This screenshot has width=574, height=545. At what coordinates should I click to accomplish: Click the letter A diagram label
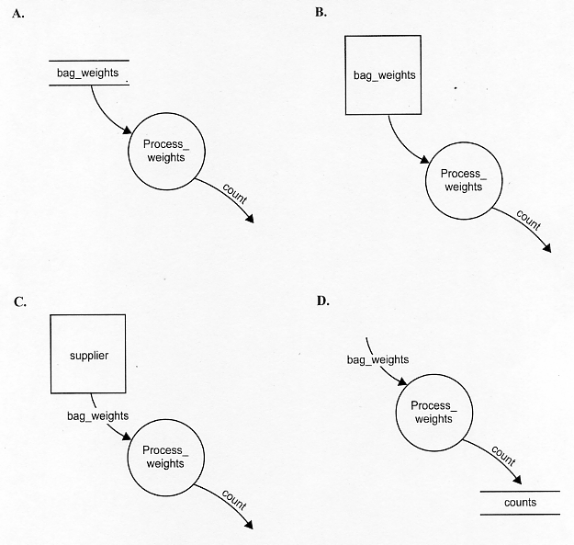click(17, 15)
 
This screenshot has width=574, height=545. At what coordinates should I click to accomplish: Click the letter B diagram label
click(321, 13)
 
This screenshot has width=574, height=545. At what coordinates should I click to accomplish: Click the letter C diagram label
click(20, 301)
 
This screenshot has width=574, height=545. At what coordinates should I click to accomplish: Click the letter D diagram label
click(323, 301)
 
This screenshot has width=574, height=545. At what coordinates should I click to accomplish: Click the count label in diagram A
click(235, 194)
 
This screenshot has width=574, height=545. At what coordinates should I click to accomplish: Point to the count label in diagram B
click(529, 220)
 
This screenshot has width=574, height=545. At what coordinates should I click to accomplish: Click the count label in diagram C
click(234, 500)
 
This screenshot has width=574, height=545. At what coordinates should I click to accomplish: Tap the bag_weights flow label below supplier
click(97, 416)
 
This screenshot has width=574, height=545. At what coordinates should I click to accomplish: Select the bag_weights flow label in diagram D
click(377, 359)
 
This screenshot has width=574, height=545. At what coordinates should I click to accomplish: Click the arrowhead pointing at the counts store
click(517, 480)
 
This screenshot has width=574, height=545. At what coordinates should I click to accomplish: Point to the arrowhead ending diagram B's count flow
click(546, 248)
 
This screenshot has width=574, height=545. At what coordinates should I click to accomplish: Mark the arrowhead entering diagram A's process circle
click(127, 130)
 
